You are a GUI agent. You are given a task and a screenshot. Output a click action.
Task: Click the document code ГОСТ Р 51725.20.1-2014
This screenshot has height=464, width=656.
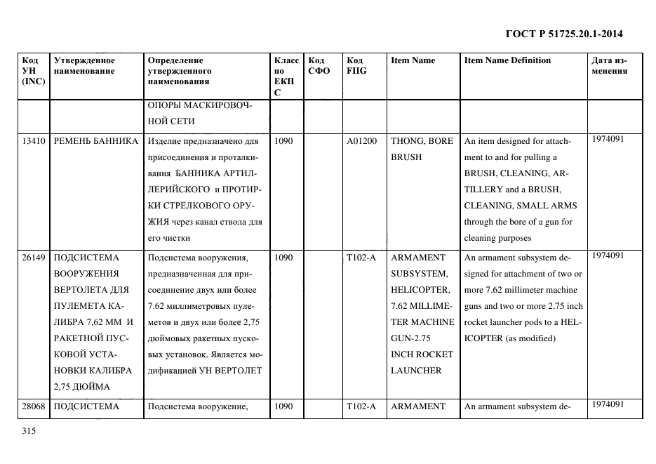tap(563, 34)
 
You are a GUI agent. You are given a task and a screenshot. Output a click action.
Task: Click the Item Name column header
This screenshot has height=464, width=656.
tap(413, 60)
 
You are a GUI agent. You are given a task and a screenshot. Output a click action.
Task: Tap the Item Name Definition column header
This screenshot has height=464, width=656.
tap(507, 60)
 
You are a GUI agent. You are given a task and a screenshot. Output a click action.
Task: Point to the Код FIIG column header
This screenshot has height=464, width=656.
tap(356, 65)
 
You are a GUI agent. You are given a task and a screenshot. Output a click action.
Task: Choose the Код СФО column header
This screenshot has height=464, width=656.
tap(319, 65)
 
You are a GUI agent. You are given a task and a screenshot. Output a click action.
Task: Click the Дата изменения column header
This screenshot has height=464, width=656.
tap(609, 65)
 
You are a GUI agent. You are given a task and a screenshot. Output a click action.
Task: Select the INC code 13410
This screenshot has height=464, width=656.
tap(34, 141)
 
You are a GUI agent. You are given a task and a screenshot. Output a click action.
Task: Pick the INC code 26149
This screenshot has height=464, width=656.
tap(34, 258)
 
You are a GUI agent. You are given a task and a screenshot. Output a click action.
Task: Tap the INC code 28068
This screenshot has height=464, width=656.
tap(34, 406)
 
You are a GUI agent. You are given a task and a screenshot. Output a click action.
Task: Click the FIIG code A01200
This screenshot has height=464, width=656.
tap(361, 141)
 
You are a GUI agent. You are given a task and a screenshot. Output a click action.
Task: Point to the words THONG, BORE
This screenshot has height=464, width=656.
tap(422, 141)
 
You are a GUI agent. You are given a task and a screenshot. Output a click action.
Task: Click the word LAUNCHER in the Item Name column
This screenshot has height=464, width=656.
tap(416, 371)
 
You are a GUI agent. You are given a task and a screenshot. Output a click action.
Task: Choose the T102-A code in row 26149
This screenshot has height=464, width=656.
tap(361, 258)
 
